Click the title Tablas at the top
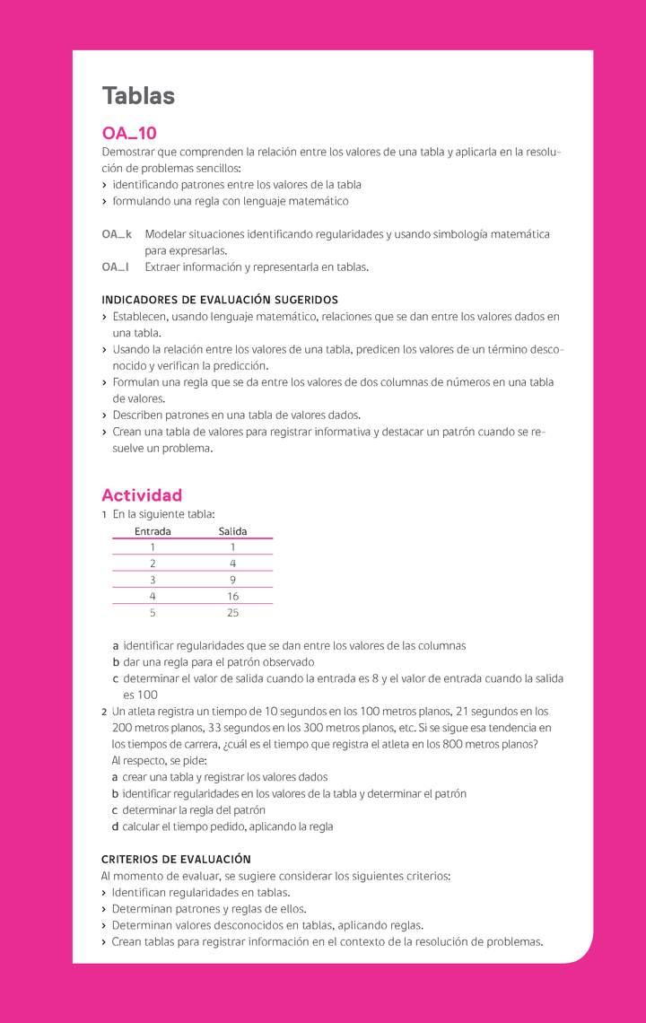[x=138, y=96]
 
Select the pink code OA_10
[x=129, y=133]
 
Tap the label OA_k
[x=117, y=234]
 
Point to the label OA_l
[x=115, y=267]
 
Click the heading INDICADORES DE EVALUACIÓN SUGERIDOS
[x=220, y=300]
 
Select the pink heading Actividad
[x=142, y=495]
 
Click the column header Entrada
[x=153, y=531]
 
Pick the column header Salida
[x=232, y=531]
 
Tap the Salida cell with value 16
[x=232, y=596]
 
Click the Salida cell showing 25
[x=232, y=613]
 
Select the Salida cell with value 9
[x=232, y=580]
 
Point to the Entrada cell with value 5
[x=153, y=613]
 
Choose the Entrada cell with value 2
[x=153, y=564]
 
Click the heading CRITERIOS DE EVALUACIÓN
[x=176, y=860]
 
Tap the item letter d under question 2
[x=115, y=826]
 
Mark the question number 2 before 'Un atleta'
[x=104, y=711]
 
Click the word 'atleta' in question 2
[x=144, y=711]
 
